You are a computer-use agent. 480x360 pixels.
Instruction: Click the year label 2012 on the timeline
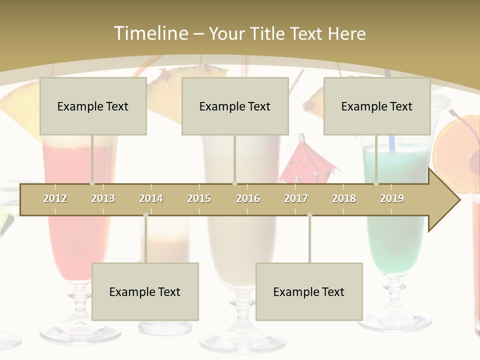(x=55, y=198)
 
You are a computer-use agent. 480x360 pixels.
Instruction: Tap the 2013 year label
(x=103, y=198)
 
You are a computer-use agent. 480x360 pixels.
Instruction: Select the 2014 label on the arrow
(x=151, y=198)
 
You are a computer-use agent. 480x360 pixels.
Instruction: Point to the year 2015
(x=199, y=198)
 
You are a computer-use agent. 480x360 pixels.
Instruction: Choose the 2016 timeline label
(x=248, y=198)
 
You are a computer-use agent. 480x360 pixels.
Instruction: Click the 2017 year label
(x=296, y=198)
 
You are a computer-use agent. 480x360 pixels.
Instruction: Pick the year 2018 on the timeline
(x=344, y=198)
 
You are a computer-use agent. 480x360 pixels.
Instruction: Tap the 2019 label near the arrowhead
(x=392, y=198)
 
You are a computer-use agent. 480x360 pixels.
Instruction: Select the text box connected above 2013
(x=93, y=106)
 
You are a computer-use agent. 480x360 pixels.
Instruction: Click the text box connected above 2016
(x=235, y=106)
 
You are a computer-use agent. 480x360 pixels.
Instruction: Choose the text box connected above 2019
(x=377, y=106)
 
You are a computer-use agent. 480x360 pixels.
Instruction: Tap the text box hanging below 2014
(x=145, y=291)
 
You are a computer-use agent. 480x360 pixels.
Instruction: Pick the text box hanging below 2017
(x=309, y=291)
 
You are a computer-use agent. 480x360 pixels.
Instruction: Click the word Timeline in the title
(x=150, y=33)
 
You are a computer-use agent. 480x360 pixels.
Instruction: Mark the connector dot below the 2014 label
(x=145, y=215)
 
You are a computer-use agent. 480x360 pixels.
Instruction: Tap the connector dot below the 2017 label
(x=309, y=215)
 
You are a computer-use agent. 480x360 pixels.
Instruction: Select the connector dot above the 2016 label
(x=234, y=183)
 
